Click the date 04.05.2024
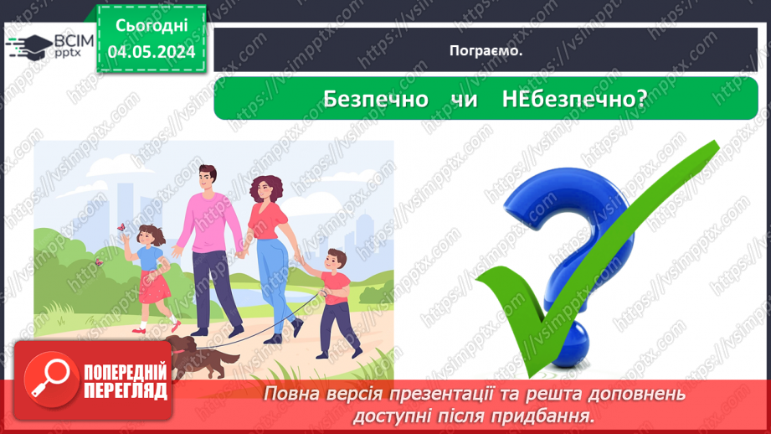(151, 52)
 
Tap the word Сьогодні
(151, 26)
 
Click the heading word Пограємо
(486, 50)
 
